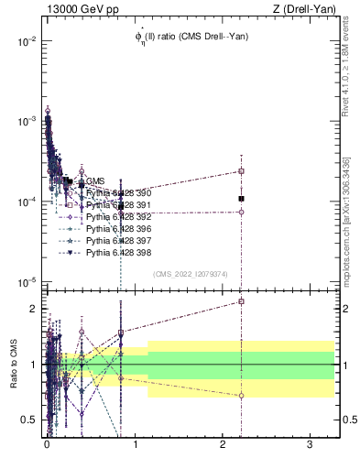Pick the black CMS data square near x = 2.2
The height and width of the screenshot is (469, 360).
(x=241, y=199)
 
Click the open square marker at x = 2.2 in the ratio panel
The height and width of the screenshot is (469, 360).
(x=241, y=301)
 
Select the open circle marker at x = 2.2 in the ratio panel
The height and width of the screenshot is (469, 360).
(x=241, y=396)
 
